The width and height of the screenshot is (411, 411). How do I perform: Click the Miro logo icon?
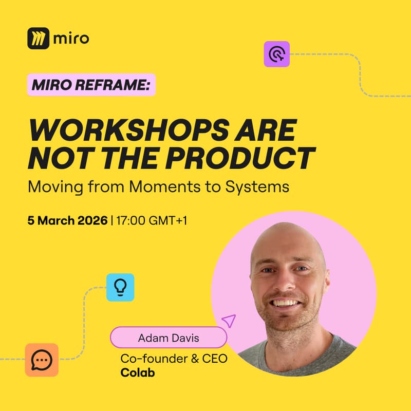[39, 38]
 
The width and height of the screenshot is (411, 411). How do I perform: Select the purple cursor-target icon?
[277, 54]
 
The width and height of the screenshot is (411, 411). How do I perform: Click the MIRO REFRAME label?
[91, 85]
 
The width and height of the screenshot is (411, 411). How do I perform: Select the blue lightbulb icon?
[120, 287]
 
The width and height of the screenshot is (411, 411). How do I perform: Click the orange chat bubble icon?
[42, 360]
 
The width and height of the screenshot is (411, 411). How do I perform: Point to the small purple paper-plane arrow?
[229, 321]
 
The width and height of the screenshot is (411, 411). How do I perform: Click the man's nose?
[288, 285]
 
